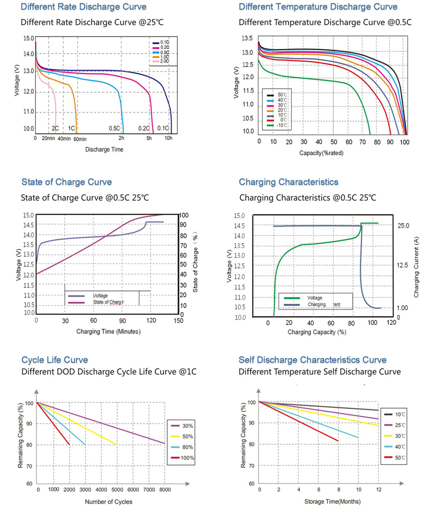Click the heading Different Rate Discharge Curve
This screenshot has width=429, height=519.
(x=83, y=7)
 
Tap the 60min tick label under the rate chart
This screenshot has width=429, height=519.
(x=80, y=139)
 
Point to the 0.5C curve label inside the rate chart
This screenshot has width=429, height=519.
(x=115, y=128)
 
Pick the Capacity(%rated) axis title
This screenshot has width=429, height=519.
(x=321, y=153)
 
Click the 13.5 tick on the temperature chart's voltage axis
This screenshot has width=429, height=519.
(x=247, y=39)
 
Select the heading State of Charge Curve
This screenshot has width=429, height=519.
(x=67, y=182)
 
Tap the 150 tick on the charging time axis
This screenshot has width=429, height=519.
(x=178, y=321)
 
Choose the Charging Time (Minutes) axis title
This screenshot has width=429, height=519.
(x=108, y=331)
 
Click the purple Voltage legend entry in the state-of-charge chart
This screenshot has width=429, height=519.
(x=100, y=296)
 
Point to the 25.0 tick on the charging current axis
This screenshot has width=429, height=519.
(x=403, y=226)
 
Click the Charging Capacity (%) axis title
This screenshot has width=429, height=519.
(x=317, y=332)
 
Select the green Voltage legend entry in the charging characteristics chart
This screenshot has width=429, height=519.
(x=314, y=298)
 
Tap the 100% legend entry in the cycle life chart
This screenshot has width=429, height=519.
(x=187, y=458)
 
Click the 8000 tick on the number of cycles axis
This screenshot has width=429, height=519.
(x=165, y=489)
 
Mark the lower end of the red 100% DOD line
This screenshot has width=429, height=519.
(x=69, y=444)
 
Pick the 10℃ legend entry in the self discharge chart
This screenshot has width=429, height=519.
(x=400, y=414)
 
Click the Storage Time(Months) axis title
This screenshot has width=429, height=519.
(x=332, y=501)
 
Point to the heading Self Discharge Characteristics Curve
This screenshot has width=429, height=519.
(x=312, y=360)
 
